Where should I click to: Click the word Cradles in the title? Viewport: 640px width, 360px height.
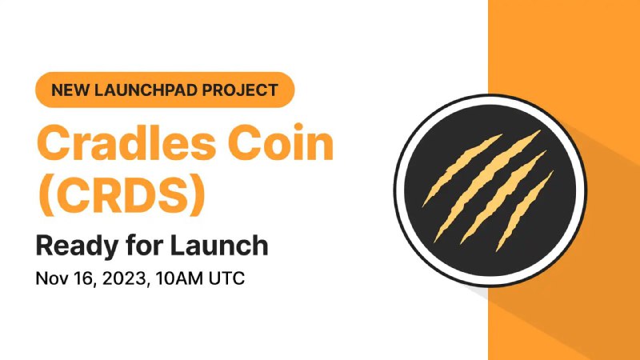point(126,142)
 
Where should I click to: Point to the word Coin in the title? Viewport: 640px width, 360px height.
point(281,142)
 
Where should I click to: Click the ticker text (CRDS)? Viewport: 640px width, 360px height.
point(122,194)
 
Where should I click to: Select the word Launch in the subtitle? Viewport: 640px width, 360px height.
point(218,246)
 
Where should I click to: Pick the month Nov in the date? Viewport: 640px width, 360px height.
point(51,278)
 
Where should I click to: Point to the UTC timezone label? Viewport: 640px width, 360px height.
point(226,278)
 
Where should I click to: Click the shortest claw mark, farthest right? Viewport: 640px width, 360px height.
point(525,211)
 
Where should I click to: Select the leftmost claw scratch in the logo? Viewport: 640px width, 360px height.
point(462,170)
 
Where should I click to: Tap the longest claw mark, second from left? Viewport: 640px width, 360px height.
point(486,186)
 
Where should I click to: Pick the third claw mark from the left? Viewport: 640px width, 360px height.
point(503,197)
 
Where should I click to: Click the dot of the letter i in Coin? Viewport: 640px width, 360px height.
point(298,127)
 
